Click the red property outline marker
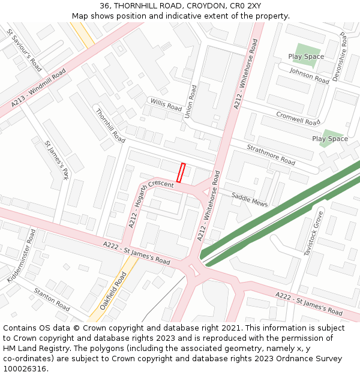pyautogui.click(x=181, y=172)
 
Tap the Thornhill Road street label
pyautogui.click(x=110, y=125)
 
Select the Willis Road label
pyautogui.click(x=166, y=104)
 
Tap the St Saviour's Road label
pyautogui.click(x=24, y=49)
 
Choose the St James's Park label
pyautogui.click(x=57, y=160)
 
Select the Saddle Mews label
pyautogui.click(x=250, y=199)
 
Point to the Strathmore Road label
pyautogui.click(x=271, y=155)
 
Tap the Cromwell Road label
pyautogui.click(x=298, y=118)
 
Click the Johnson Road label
pyautogui.click(x=309, y=76)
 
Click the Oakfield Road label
pyautogui.click(x=113, y=290)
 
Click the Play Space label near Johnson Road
pyautogui.click(x=306, y=57)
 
